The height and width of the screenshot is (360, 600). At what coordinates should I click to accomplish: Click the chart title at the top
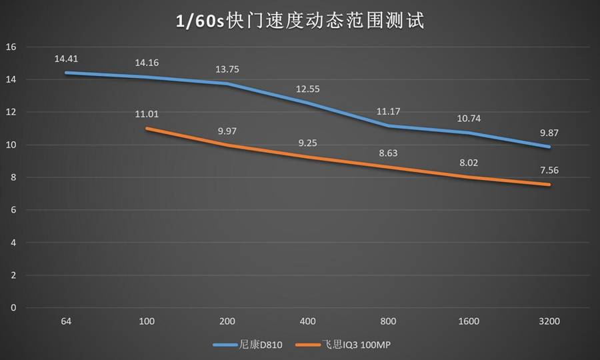(x=299, y=21)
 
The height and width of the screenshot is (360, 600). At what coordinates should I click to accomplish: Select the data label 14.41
(x=66, y=59)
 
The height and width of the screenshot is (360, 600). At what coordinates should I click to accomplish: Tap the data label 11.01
(x=147, y=114)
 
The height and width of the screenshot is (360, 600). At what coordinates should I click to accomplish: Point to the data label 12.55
(x=308, y=89)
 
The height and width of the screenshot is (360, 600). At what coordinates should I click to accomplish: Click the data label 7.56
(x=550, y=170)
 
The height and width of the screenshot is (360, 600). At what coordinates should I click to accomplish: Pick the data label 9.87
(x=550, y=133)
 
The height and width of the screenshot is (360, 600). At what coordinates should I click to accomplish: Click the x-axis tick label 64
(x=66, y=321)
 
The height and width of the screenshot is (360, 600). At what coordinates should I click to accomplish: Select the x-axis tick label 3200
(x=550, y=321)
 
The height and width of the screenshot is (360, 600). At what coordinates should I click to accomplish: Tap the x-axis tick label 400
(x=308, y=321)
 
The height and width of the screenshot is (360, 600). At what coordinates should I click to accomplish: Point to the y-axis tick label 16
(x=11, y=47)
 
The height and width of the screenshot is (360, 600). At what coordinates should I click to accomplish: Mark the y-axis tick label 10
(x=11, y=145)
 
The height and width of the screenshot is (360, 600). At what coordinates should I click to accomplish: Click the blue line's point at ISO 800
(x=389, y=125)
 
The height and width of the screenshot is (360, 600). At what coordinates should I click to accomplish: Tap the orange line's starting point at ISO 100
(x=147, y=128)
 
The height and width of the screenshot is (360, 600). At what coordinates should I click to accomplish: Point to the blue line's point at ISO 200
(x=227, y=84)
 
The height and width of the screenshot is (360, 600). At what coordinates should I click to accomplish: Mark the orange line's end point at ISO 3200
(x=550, y=185)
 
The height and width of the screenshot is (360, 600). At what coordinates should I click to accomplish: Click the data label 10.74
(x=469, y=118)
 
